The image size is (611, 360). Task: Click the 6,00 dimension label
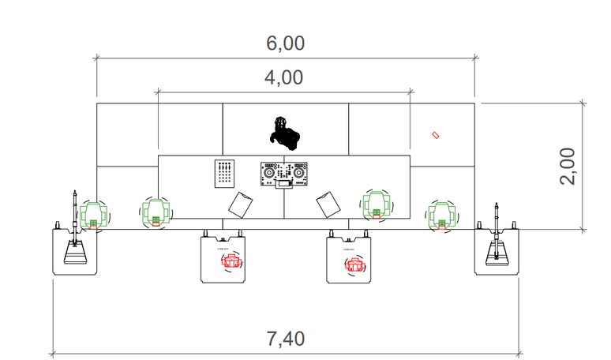[285, 44]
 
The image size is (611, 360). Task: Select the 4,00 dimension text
[285, 78]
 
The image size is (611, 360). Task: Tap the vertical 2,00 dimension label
[568, 166]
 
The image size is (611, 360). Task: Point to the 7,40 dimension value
[285, 339]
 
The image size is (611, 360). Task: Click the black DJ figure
[284, 133]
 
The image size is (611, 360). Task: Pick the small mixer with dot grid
[225, 174]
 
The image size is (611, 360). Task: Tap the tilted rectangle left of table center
[240, 204]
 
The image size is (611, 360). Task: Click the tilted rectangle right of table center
[328, 204]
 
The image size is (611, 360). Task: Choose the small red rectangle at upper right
[435, 137]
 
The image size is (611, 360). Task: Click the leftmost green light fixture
[94, 214]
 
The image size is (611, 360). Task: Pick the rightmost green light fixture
[440, 214]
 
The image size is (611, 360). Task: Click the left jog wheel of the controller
[269, 172]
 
